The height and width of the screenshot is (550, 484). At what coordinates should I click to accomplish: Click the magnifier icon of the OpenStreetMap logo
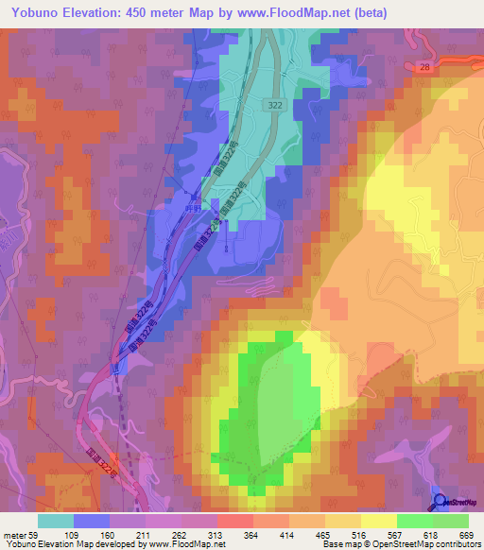[440, 501]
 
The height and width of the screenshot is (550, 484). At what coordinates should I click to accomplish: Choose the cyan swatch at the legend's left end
[56, 521]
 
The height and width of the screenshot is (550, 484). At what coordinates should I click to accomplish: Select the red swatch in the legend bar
[235, 521]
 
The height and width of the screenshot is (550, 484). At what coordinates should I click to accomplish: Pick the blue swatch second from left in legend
[92, 521]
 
